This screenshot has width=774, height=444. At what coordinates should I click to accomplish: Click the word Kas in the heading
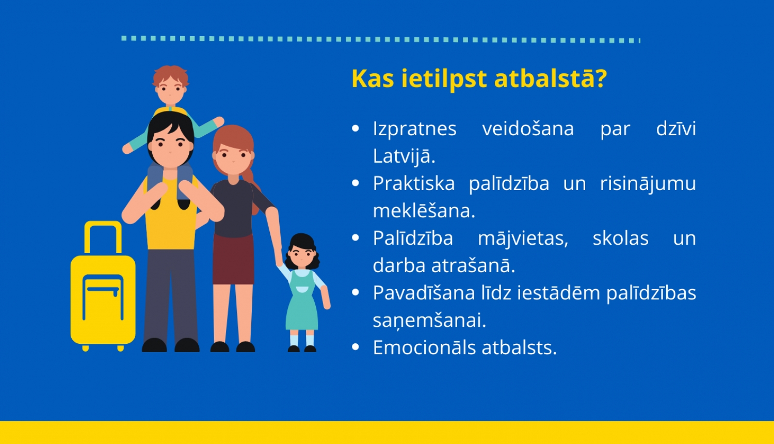point(373,78)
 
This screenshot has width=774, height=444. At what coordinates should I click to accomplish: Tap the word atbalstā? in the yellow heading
point(551,78)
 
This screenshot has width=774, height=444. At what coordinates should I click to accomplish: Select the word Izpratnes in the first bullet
point(415,129)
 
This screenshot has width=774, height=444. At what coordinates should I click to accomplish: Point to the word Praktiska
point(414,183)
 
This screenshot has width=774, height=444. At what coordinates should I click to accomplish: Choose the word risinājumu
point(648,184)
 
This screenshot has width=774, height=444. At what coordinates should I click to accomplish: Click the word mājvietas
point(523,239)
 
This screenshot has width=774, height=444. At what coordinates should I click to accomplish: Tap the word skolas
point(621,238)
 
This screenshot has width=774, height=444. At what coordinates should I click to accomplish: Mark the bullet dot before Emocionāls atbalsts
point(355,347)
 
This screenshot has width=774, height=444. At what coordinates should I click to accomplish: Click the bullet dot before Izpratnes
point(355,129)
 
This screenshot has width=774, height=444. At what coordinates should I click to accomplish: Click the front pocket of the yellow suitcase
point(103,297)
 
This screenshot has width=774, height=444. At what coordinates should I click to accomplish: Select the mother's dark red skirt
point(233,259)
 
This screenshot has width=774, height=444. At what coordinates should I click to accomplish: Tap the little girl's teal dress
point(302,304)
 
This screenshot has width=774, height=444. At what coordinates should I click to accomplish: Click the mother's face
point(233,158)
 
